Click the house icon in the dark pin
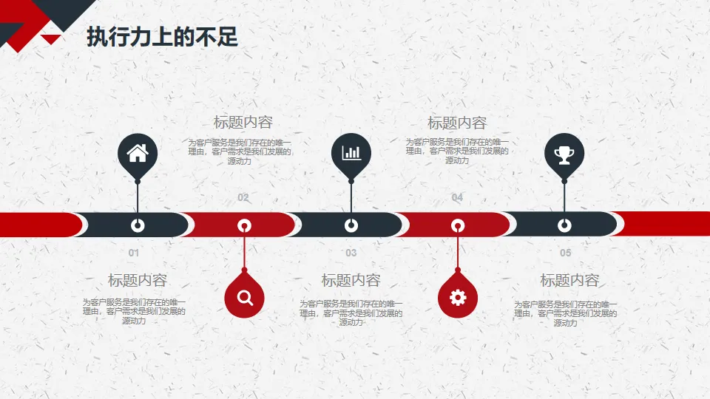(x=138, y=153)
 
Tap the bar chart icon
(x=351, y=153)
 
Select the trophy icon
(x=564, y=154)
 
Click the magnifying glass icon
(x=245, y=298)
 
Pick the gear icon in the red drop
(x=458, y=298)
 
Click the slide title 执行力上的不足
(x=162, y=38)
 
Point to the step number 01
(x=134, y=253)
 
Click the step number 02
(x=243, y=197)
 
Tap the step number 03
(x=351, y=253)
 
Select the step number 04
(x=457, y=197)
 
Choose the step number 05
(x=565, y=253)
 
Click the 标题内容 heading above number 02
(x=243, y=123)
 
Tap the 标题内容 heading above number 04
(x=457, y=123)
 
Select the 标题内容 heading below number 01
(x=137, y=281)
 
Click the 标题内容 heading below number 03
(x=351, y=281)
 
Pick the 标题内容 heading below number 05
(x=569, y=281)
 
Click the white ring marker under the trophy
(x=564, y=225)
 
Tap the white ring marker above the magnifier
(x=244, y=225)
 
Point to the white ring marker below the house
(x=138, y=225)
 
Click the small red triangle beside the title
(x=50, y=38)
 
